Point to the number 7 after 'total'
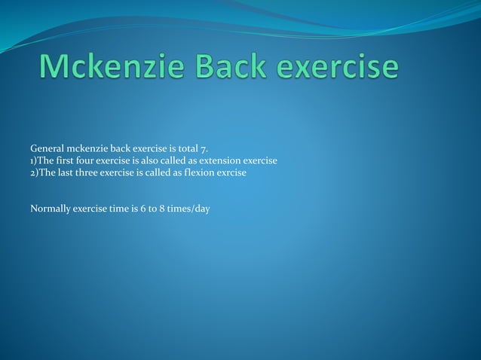(204, 148)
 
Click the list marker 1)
(34, 160)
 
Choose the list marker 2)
(34, 172)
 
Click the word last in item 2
(66, 172)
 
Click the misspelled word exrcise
(231, 172)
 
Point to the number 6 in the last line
(143, 208)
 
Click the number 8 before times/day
(162, 208)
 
